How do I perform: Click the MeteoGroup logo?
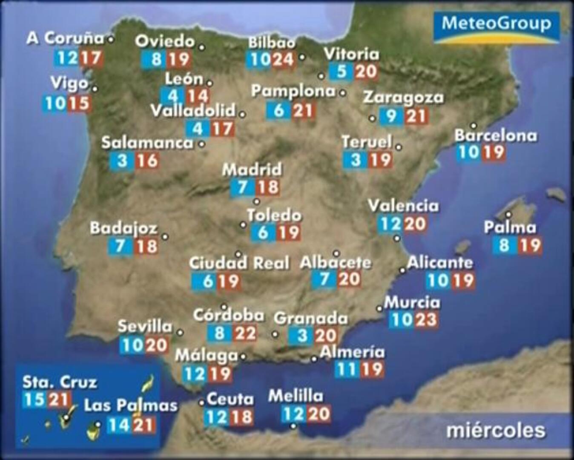[497, 27]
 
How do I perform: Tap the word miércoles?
[496, 431]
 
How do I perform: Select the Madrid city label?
[252, 170]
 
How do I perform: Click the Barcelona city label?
[496, 136]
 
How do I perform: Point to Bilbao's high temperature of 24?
[283, 60]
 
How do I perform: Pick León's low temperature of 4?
[172, 96]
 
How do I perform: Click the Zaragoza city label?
[403, 98]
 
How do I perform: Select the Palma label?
[510, 227]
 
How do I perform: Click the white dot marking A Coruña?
[111, 40]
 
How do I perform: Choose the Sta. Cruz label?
[60, 382]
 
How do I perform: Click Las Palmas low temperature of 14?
[118, 425]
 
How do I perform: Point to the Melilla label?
[296, 396]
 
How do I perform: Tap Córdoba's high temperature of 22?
[245, 333]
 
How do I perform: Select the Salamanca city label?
[147, 143]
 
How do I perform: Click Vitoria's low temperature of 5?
[342, 72]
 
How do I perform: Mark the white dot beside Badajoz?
[165, 237]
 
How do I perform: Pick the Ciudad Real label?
[239, 263]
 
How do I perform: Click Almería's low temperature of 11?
[347, 369]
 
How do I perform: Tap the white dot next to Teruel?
[399, 147]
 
